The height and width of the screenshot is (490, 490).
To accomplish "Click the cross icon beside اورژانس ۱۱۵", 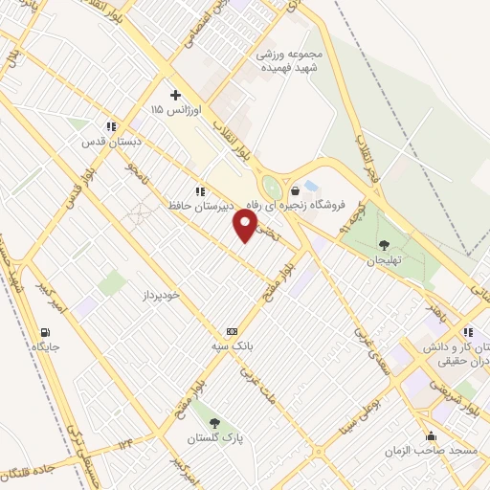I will click(x=174, y=95).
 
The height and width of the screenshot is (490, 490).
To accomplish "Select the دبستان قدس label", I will click(x=112, y=140).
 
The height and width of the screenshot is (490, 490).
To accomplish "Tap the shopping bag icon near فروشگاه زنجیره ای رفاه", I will click(x=296, y=190).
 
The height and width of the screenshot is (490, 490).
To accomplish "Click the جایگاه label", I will click(x=46, y=345).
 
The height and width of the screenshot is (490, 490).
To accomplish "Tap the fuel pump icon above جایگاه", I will click(x=46, y=331).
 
